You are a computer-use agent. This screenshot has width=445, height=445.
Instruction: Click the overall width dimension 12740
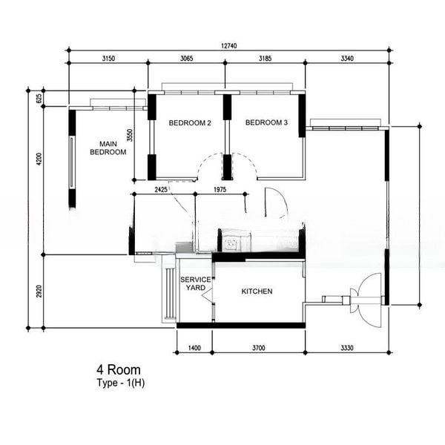(x=228, y=46)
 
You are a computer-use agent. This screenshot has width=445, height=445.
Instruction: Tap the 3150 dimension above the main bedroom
(x=108, y=59)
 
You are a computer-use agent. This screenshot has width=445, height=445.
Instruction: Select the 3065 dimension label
(x=186, y=59)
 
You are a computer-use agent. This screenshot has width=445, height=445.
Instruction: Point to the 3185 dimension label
(x=265, y=59)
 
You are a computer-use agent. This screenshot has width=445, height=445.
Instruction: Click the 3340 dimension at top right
(x=347, y=59)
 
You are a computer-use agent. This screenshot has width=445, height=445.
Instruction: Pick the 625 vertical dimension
(x=39, y=98)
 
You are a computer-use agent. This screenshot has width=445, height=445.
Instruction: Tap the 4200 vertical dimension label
(x=39, y=159)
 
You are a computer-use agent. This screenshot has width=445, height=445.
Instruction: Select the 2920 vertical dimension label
(x=39, y=291)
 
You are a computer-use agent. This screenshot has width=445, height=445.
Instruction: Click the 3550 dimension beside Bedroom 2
(x=130, y=136)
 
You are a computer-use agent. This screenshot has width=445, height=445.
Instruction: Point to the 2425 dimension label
(x=161, y=190)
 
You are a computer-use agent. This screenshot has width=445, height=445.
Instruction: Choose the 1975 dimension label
(x=220, y=190)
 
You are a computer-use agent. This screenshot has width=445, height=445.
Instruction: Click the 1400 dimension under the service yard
(x=194, y=348)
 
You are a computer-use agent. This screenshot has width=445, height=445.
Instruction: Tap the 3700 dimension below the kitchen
(x=258, y=348)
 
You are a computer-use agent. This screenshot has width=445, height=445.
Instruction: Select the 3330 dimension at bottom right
(x=347, y=348)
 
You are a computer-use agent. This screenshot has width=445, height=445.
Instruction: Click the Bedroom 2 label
(x=190, y=123)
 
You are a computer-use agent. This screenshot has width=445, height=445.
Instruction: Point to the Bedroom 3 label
(x=266, y=122)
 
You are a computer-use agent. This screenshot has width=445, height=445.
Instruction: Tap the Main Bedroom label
(x=108, y=148)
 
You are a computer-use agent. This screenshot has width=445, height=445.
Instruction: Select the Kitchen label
(x=257, y=291)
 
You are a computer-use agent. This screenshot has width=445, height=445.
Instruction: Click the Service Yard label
(x=196, y=284)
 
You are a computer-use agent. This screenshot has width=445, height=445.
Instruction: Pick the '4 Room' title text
(x=119, y=370)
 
